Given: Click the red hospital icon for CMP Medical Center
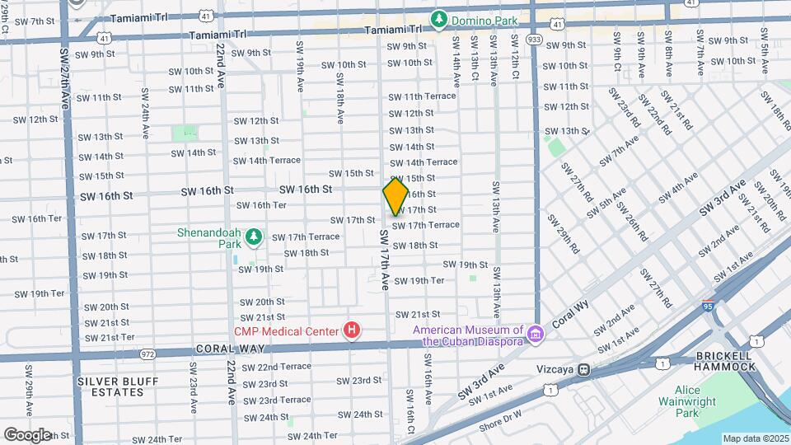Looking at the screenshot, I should click(x=352, y=331).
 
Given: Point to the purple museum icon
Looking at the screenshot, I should click(x=536, y=334).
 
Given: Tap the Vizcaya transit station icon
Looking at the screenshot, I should click(x=584, y=370).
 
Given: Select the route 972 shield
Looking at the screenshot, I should click(x=148, y=354).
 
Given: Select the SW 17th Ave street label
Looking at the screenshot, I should click(x=384, y=260).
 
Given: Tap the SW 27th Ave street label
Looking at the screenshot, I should click(x=65, y=78).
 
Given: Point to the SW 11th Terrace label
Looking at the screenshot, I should click(x=422, y=96).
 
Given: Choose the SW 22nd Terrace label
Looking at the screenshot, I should click(x=273, y=367).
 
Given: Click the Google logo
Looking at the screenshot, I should click(x=27, y=433).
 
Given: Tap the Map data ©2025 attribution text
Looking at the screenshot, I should click(x=756, y=438).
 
